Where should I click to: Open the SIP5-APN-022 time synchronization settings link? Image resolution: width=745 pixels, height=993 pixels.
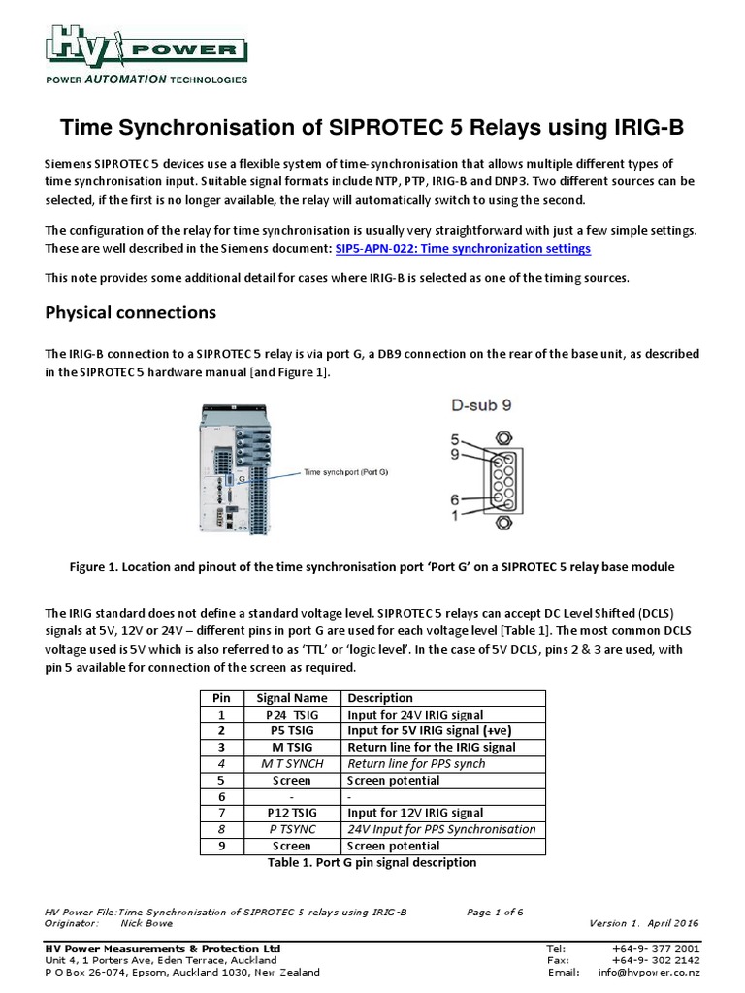[463, 249]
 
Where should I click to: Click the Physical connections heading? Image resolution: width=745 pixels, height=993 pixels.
[130, 313]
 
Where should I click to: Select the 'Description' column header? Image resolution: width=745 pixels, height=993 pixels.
[380, 698]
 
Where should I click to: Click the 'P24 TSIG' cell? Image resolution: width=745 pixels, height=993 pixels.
[291, 715]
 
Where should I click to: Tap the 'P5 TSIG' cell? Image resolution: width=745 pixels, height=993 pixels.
[291, 731]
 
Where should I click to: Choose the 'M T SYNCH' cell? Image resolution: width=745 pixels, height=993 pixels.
[291, 764]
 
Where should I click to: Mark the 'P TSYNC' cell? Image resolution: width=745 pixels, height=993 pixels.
[291, 829]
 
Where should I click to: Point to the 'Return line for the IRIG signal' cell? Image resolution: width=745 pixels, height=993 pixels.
[431, 748]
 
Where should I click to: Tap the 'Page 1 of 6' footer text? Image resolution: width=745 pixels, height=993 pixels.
[496, 912]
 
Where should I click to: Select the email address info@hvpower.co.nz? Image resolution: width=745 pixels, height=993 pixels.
[649, 972]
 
